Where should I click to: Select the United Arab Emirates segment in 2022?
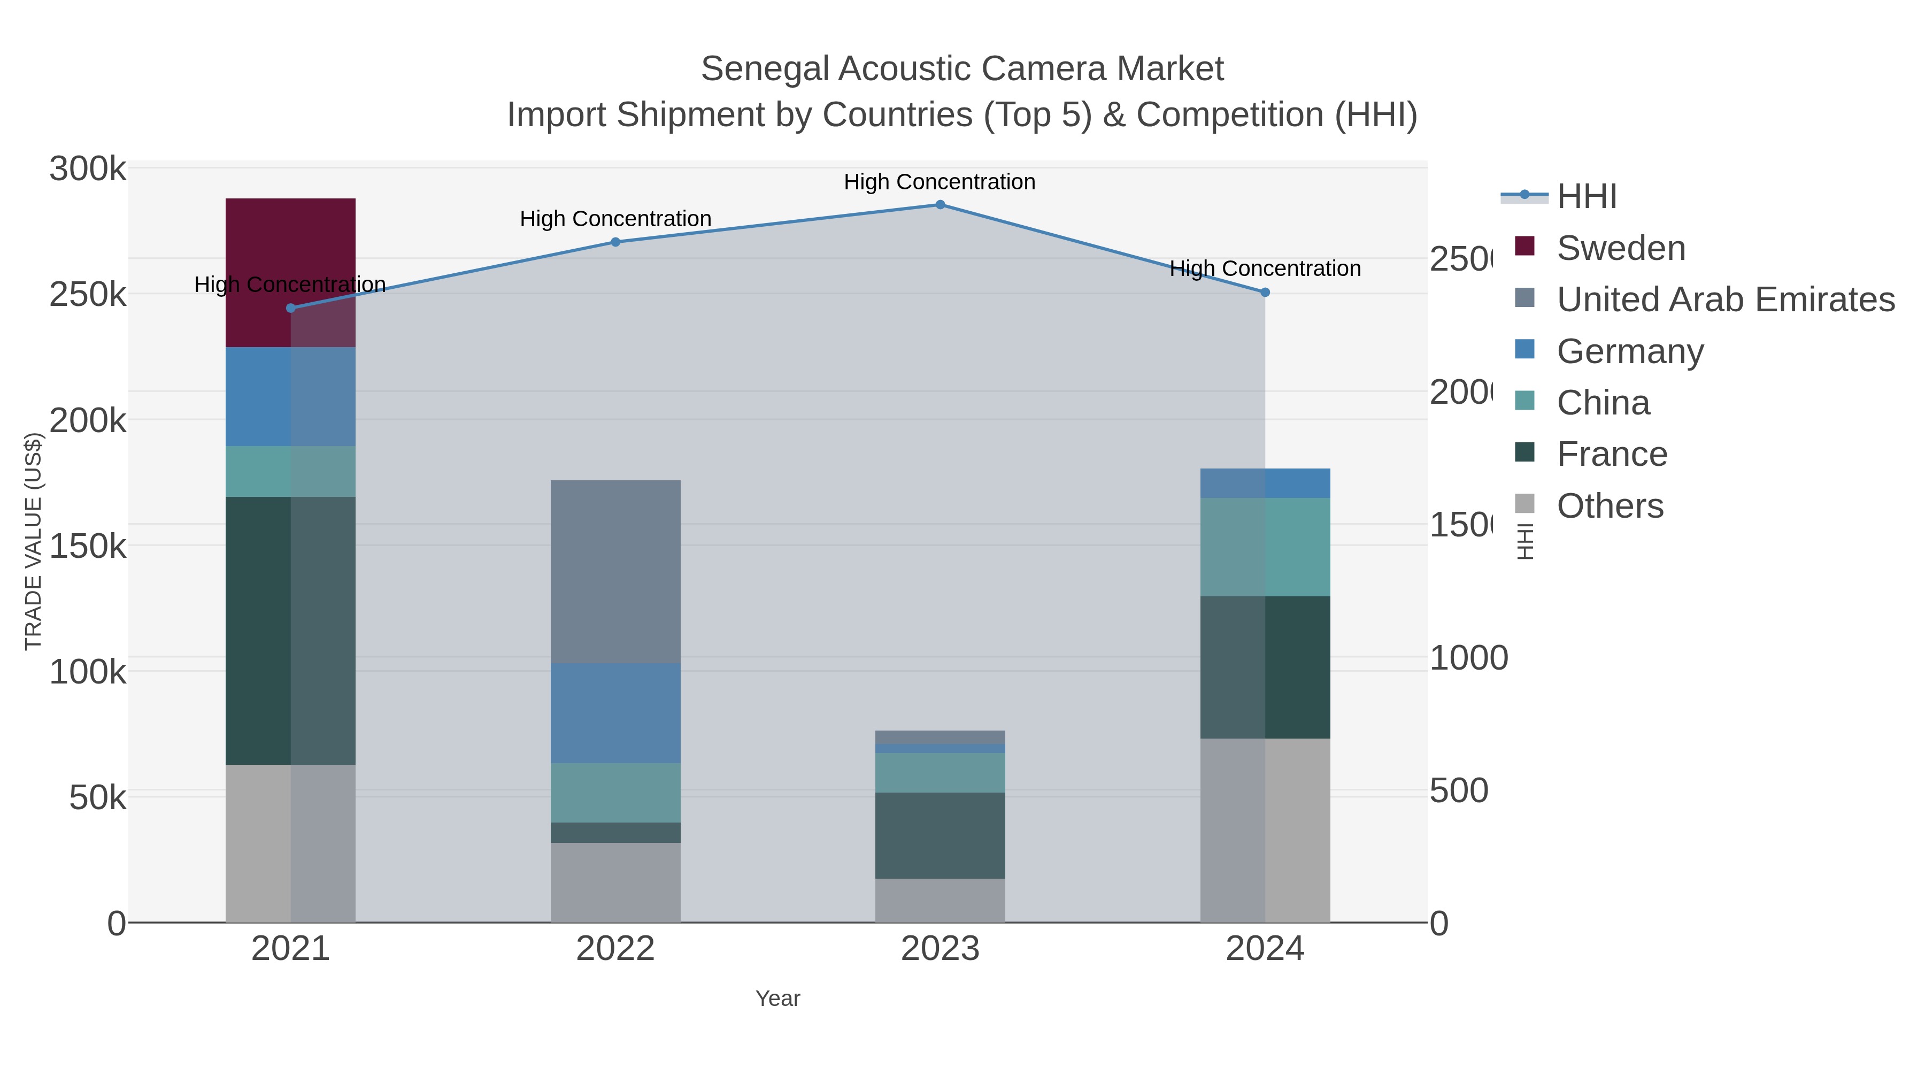(615, 571)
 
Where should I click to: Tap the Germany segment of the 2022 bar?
(615, 712)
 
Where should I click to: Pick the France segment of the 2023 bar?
(940, 835)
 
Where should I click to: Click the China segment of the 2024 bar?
(1265, 547)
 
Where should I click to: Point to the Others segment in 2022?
(615, 882)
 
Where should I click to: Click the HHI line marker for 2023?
(940, 205)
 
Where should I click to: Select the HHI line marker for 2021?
(291, 308)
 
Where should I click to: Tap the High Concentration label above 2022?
(615, 219)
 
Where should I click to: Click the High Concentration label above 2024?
(1265, 268)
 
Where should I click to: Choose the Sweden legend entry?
(1620, 248)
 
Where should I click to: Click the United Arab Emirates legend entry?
(1724, 299)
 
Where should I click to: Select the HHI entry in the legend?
(1586, 197)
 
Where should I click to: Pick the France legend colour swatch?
(1524, 452)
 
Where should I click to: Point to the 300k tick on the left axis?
(88, 169)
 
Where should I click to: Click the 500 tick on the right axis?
(1458, 792)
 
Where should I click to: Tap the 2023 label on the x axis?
(940, 949)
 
